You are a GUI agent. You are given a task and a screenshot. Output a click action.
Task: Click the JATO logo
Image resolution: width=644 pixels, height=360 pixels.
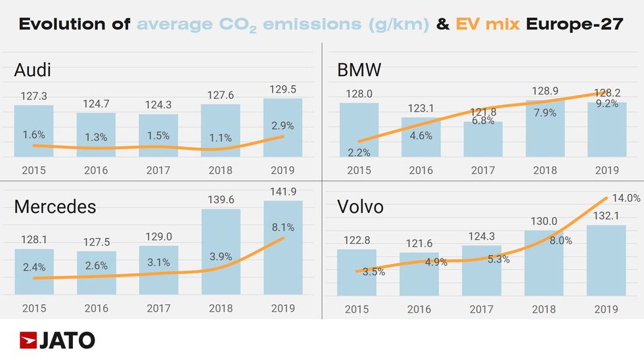tap(57, 340)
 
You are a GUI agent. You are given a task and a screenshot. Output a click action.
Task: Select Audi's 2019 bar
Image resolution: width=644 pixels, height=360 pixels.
tap(283, 127)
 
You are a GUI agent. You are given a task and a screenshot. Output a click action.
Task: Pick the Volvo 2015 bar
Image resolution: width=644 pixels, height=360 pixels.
tap(357, 272)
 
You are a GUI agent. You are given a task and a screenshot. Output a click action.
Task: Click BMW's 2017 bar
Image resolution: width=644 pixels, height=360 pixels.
tap(483, 139)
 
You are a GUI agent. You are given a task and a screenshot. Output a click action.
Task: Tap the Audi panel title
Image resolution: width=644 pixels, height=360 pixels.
tap(32, 70)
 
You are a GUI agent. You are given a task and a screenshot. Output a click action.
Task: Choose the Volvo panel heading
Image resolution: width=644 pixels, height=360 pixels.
tap(360, 207)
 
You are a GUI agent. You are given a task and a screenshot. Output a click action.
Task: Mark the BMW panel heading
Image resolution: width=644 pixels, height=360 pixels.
tap(359, 70)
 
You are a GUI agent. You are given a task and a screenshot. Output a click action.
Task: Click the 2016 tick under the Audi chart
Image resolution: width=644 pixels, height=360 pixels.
tap(96, 170)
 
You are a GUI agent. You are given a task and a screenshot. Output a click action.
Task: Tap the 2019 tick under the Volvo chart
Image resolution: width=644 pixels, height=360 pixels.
tap(607, 309)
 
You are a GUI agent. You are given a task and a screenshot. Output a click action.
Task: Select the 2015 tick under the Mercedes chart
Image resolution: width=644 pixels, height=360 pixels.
tap(34, 307)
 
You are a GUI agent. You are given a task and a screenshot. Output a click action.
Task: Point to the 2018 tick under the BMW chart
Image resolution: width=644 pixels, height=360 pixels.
tap(544, 170)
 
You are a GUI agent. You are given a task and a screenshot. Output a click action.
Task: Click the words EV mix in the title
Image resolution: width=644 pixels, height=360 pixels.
tap(487, 25)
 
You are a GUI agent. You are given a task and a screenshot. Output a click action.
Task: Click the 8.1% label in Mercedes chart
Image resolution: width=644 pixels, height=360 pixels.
tap(283, 227)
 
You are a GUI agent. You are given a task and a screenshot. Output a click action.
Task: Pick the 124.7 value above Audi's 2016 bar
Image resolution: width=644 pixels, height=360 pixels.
tap(96, 103)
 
